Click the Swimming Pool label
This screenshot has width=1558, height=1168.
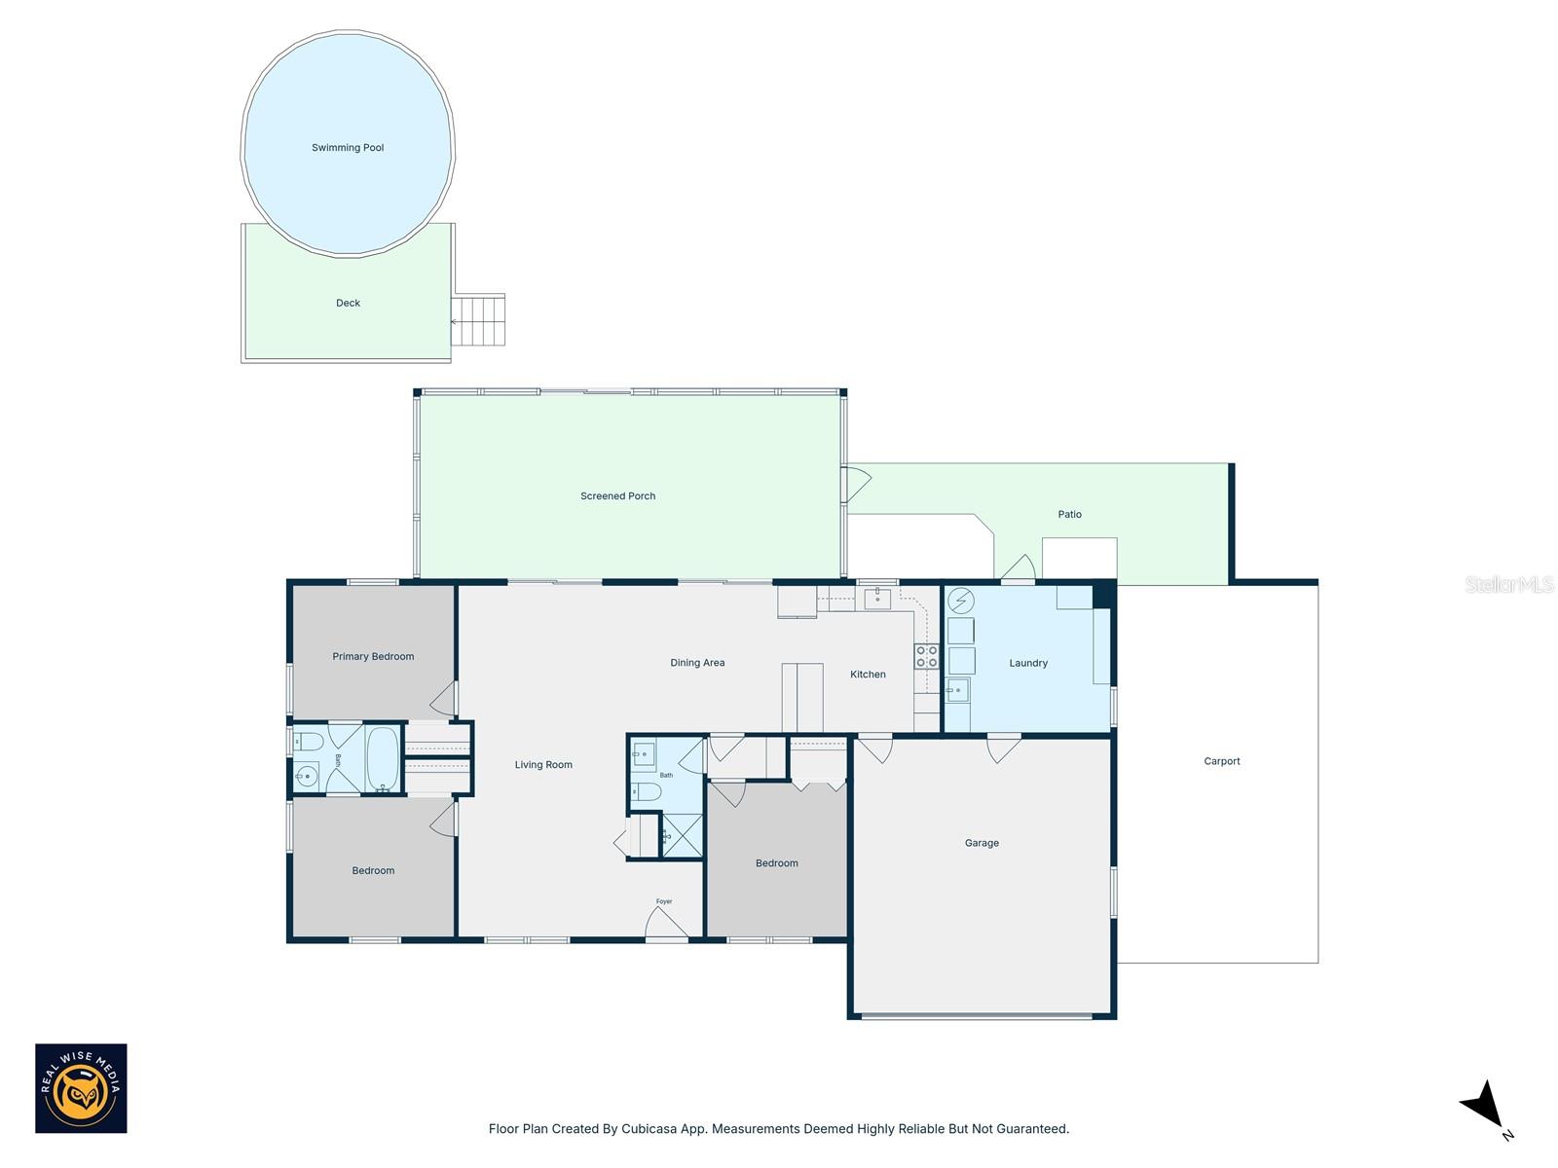click(348, 148)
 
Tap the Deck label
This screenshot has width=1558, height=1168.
click(348, 303)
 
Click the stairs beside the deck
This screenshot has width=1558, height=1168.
click(480, 321)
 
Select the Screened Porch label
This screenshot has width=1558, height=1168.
click(617, 496)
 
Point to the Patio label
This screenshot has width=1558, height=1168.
click(1069, 514)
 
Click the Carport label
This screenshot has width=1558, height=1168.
click(1221, 761)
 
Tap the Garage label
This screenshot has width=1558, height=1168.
click(982, 843)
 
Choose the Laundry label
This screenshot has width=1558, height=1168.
click(1027, 663)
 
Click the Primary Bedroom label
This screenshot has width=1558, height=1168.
click(373, 656)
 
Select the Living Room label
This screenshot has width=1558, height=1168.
click(543, 765)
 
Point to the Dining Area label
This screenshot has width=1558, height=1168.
click(697, 663)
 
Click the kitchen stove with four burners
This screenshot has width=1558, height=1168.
click(926, 656)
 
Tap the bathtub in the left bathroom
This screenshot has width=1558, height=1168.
click(382, 758)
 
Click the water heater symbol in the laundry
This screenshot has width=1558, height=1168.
click(961, 601)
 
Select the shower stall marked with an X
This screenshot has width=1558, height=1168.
click(682, 835)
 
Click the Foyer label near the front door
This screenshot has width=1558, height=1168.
click(664, 901)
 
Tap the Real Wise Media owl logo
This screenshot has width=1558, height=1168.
click(81, 1088)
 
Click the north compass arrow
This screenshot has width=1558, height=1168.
click(1483, 1106)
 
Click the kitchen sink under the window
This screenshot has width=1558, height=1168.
click(877, 599)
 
